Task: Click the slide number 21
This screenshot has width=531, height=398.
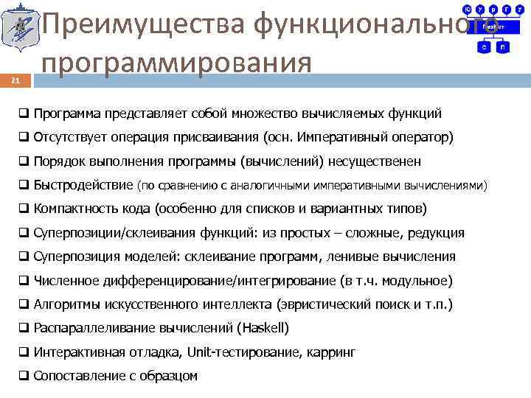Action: (15, 81)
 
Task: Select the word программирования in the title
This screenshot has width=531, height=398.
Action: (177, 61)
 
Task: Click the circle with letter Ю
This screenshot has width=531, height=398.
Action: (467, 10)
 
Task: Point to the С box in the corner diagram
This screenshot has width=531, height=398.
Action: (485, 46)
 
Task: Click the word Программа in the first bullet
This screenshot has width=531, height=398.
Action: (68, 114)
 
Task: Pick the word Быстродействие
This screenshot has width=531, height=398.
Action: (83, 185)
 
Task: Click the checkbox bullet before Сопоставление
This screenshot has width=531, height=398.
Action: (24, 376)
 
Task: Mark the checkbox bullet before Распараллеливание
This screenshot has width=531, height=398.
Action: (24, 328)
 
